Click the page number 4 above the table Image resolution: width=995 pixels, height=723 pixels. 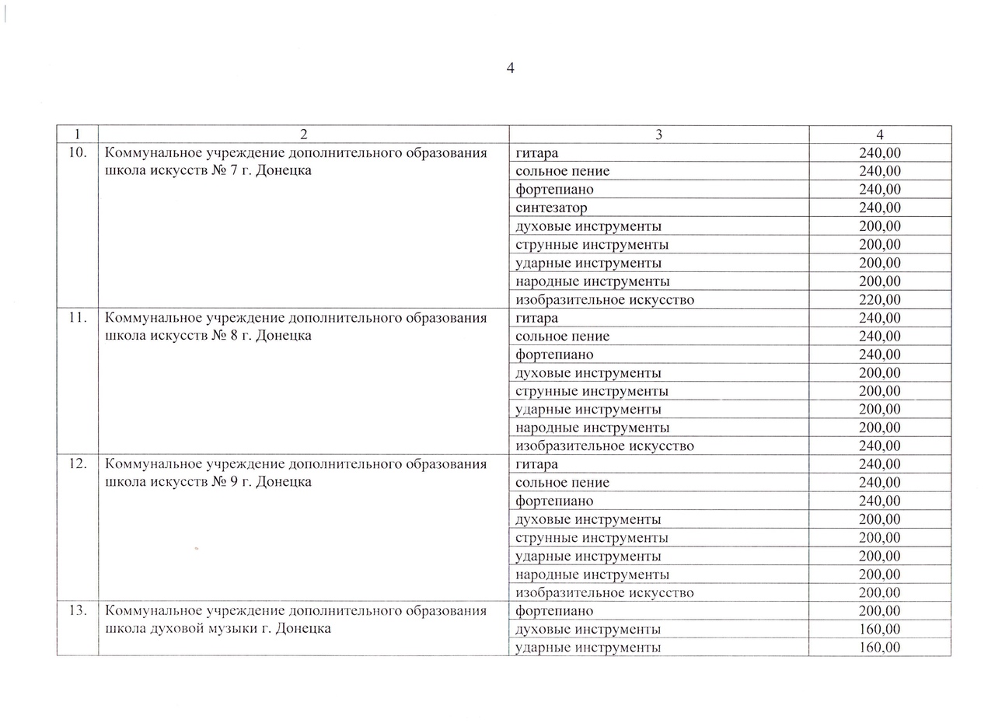510,68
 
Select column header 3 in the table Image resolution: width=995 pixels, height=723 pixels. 658,134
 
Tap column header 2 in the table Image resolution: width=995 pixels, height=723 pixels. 303,134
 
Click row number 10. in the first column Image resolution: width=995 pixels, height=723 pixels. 77,153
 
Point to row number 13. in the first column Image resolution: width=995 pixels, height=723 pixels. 77,611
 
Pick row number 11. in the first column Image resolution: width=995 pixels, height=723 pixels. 77,318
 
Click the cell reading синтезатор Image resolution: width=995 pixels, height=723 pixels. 551,208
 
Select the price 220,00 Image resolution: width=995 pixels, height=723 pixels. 879,299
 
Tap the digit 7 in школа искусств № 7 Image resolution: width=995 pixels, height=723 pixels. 234,171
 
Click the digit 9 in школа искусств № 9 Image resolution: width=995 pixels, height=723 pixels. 234,482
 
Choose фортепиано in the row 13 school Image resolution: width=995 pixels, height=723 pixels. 553,611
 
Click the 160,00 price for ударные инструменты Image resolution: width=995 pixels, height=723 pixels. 879,648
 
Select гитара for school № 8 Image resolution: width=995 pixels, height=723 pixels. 536,318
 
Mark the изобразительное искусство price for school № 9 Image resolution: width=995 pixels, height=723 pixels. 879,592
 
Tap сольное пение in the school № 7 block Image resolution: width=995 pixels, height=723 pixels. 562,171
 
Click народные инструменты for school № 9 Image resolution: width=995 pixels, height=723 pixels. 592,575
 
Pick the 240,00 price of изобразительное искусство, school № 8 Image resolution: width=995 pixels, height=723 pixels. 879,445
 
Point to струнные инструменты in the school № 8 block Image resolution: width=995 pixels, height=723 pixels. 592,391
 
